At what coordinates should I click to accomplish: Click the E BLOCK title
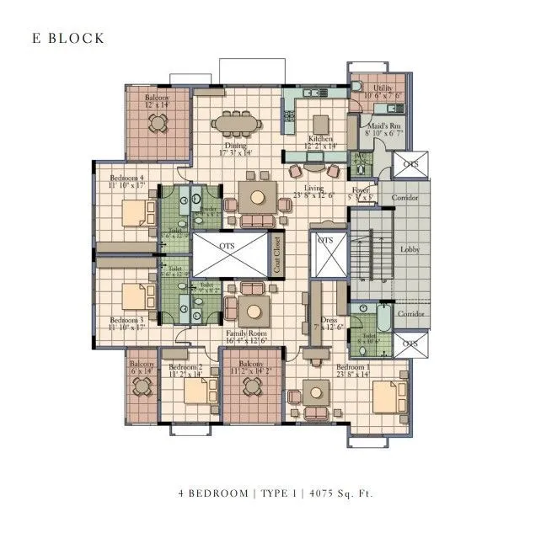[68, 39]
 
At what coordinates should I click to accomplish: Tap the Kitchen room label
[320, 139]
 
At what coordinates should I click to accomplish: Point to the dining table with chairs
[235, 124]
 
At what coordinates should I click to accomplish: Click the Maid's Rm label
[382, 127]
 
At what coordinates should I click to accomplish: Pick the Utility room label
[383, 88]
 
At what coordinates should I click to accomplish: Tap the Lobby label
[411, 249]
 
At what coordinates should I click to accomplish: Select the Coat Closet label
[276, 255]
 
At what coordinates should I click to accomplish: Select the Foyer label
[361, 191]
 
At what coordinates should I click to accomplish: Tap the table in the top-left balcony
[158, 123]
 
